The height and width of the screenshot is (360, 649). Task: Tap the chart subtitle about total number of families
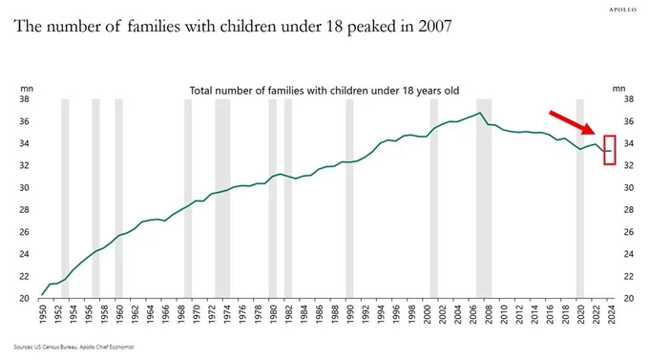tap(324, 91)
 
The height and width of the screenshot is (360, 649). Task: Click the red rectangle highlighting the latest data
tap(609, 150)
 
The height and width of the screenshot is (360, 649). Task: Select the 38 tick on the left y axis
tap(26, 99)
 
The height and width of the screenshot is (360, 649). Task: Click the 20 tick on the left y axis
tap(26, 298)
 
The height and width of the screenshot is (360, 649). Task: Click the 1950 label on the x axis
tap(42, 314)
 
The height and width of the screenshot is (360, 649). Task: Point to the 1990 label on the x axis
tap(349, 314)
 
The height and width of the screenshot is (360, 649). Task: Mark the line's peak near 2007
tap(480, 113)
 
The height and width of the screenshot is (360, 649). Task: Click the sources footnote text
tap(73, 347)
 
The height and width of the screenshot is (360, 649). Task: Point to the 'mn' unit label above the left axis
tap(26, 88)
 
